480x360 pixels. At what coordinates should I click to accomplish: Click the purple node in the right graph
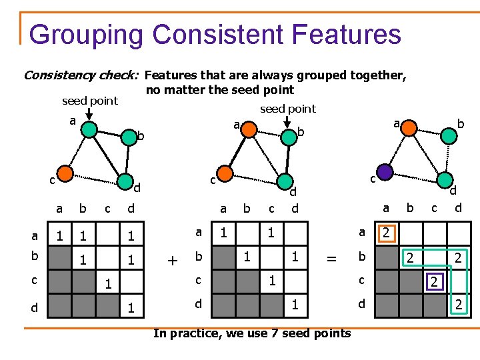385,172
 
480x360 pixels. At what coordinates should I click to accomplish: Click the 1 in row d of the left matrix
131,308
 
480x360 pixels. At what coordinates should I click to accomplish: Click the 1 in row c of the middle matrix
272,280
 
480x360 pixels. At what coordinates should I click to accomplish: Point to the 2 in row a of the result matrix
386,233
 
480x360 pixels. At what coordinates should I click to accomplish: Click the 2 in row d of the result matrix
459,305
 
